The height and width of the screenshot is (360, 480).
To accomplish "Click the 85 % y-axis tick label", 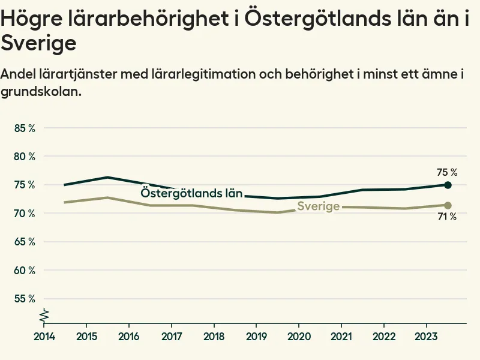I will pyautogui.click(x=24, y=128).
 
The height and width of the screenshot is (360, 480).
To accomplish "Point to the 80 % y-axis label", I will pyautogui.click(x=24, y=156).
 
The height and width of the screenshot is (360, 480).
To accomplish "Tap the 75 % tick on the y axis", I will pyautogui.click(x=24, y=185).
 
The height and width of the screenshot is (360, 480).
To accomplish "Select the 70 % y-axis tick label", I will pyautogui.click(x=24, y=213).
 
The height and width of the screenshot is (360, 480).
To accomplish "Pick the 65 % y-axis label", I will pyautogui.click(x=24, y=242).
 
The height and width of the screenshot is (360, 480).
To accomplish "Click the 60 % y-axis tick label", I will pyautogui.click(x=24, y=270).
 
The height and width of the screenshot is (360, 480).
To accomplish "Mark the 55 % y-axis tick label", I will pyautogui.click(x=24, y=298).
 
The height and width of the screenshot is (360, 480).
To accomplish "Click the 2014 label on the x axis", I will pyautogui.click(x=44, y=335).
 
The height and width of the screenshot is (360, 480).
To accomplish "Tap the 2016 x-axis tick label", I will pyautogui.click(x=130, y=335).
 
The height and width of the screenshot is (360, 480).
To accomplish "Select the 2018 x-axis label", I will pyautogui.click(x=215, y=335).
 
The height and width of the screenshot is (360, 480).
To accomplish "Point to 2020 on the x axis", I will pyautogui.click(x=299, y=335).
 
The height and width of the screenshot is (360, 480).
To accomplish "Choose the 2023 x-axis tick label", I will pyautogui.click(x=427, y=335).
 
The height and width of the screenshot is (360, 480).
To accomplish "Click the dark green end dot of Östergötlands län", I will pyautogui.click(x=448, y=185).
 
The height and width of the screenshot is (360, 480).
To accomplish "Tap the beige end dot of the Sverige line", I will pyautogui.click(x=448, y=205).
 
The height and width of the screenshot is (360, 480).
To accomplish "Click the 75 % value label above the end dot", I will pyautogui.click(x=447, y=172).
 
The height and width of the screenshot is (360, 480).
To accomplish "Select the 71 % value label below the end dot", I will pyautogui.click(x=447, y=217).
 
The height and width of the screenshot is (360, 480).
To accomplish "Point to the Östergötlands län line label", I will pyautogui.click(x=191, y=193).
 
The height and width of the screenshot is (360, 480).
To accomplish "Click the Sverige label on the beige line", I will pyautogui.click(x=319, y=206).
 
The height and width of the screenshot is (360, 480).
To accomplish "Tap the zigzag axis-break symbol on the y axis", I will pyautogui.click(x=44, y=314).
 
